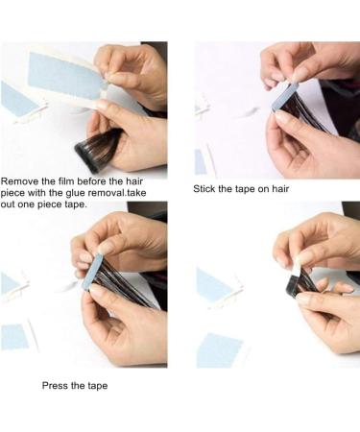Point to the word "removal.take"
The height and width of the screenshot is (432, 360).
[117, 193]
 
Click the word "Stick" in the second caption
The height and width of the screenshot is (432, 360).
[204, 189]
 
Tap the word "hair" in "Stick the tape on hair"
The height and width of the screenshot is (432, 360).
[280, 189]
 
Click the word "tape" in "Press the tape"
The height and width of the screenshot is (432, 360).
[98, 386]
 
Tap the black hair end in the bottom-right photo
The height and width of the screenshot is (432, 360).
[293, 285]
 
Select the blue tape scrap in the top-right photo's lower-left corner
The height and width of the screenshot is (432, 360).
[201, 162]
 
